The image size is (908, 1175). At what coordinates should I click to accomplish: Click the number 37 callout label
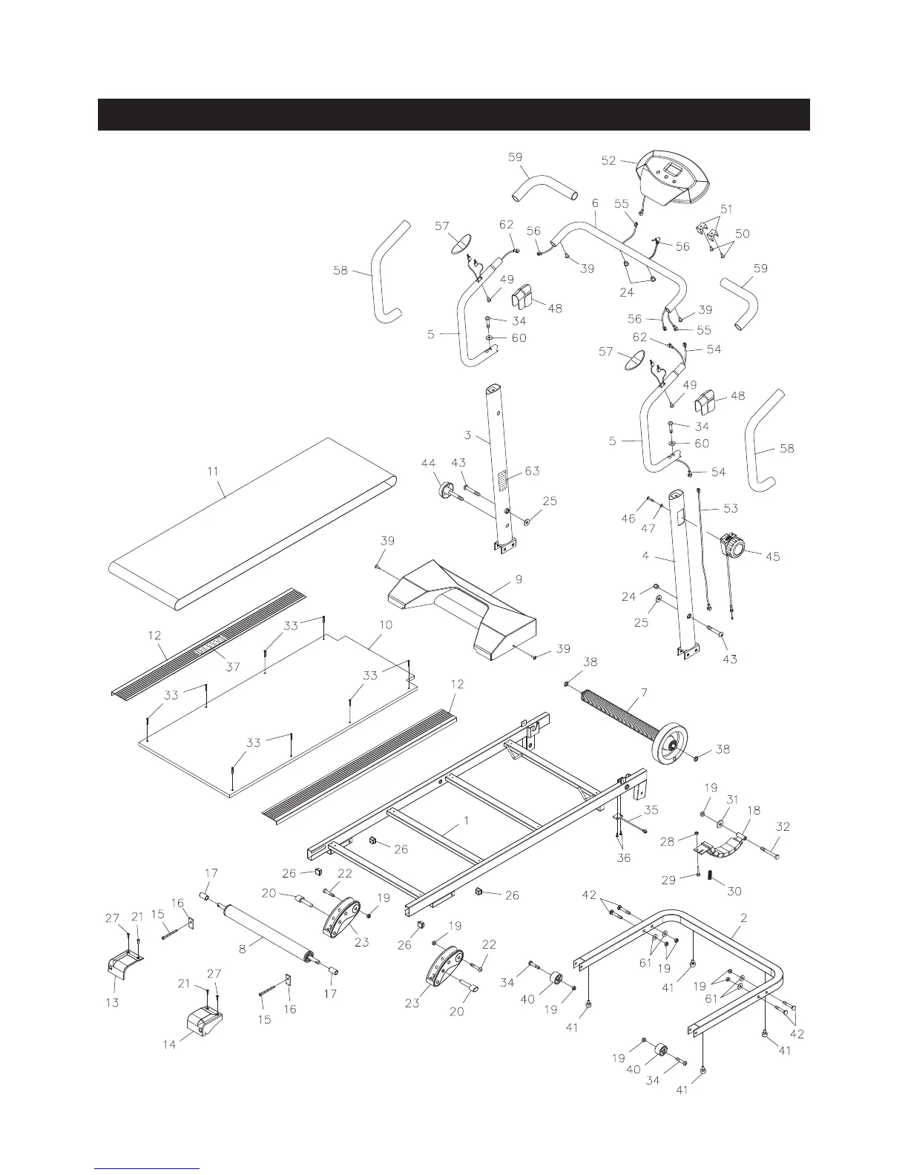coord(233,666)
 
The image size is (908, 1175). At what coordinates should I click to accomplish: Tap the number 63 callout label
coord(532,471)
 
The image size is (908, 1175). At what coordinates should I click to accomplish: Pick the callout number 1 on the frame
coord(466,821)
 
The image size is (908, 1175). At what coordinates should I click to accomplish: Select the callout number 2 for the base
coord(743,918)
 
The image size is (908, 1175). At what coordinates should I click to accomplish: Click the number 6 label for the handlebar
coord(595,203)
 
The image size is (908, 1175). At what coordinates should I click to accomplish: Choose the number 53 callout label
coord(731,509)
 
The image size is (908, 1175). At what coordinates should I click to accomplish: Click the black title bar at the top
coord(453,114)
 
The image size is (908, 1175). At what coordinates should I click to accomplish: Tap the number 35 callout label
coord(651,809)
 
